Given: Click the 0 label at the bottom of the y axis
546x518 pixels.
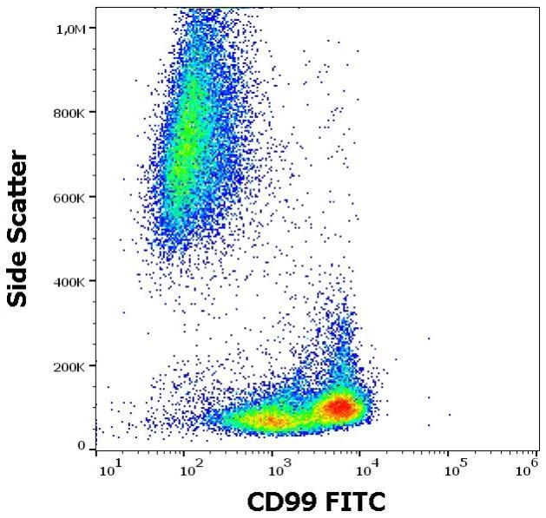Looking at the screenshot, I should point(82,446).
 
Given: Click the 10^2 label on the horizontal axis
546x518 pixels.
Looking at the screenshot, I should point(191,469).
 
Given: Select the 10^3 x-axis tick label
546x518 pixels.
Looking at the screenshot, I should point(280,469).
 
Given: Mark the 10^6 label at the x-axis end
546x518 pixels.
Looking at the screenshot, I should point(526,469).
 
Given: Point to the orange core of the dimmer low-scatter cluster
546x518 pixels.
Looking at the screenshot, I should point(271,421).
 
